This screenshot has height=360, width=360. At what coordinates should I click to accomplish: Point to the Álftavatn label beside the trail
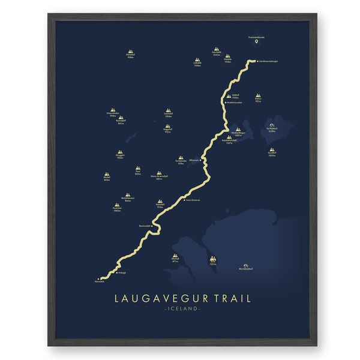pos(193,160)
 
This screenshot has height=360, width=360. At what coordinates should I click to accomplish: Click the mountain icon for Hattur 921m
pos(259,96)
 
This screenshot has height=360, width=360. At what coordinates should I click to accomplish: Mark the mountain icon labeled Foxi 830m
pos(138,169)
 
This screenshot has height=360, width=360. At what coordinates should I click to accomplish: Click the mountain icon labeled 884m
pos(107,175)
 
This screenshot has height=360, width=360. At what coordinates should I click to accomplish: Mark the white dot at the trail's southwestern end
pos(97,279)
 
